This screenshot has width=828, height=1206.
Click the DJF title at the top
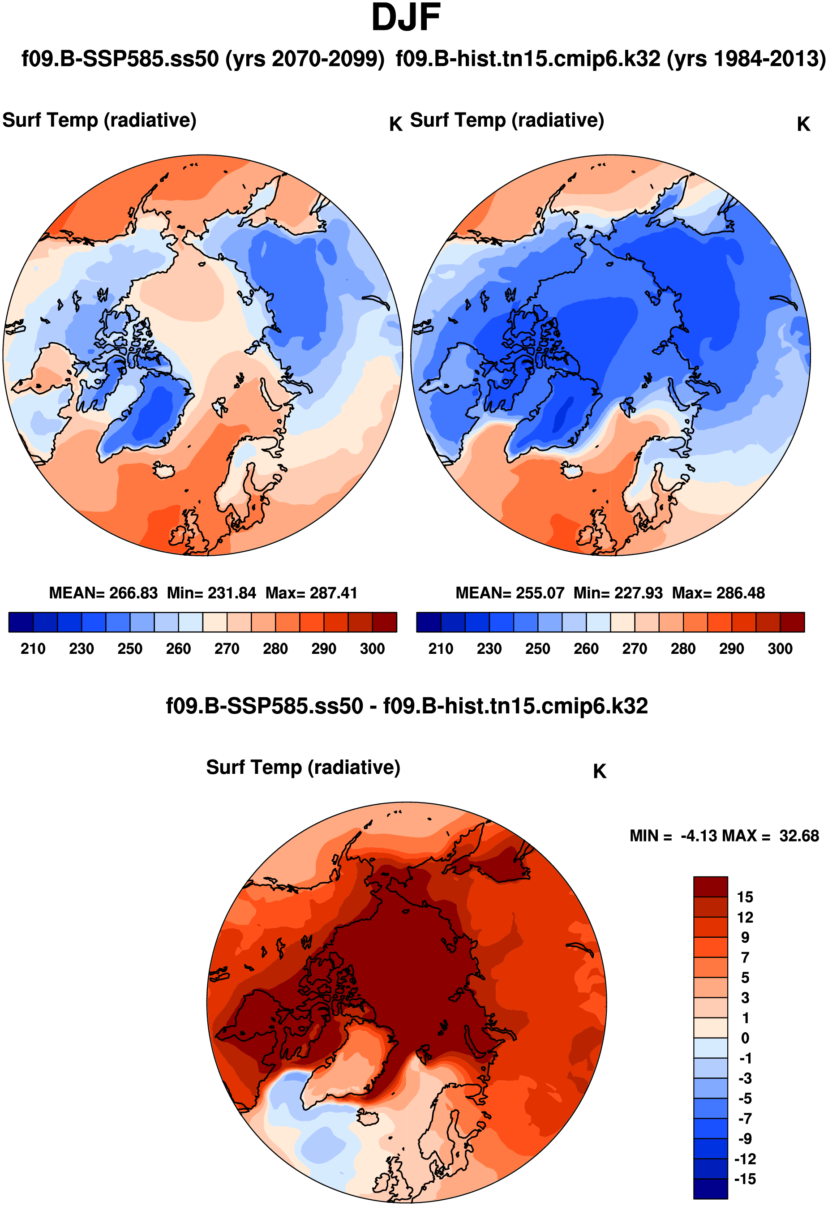[406, 18]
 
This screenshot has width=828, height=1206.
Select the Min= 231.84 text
[211, 592]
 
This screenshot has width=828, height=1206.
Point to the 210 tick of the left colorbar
[33, 648]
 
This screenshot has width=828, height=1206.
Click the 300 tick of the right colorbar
[780, 648]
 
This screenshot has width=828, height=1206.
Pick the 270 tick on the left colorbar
[227, 648]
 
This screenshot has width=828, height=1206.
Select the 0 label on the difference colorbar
[745, 1038]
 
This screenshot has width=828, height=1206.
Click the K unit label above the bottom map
[599, 772]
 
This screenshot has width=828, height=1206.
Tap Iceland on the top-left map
[165, 470]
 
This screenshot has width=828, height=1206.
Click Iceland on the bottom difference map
[369, 1117]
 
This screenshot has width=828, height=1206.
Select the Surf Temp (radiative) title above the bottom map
[303, 767]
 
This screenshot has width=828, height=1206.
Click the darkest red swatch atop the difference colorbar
[710, 886]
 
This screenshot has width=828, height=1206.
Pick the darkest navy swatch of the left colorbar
[21, 622]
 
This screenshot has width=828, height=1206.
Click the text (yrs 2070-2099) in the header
[305, 59]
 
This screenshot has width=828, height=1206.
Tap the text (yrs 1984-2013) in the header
[746, 59]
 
